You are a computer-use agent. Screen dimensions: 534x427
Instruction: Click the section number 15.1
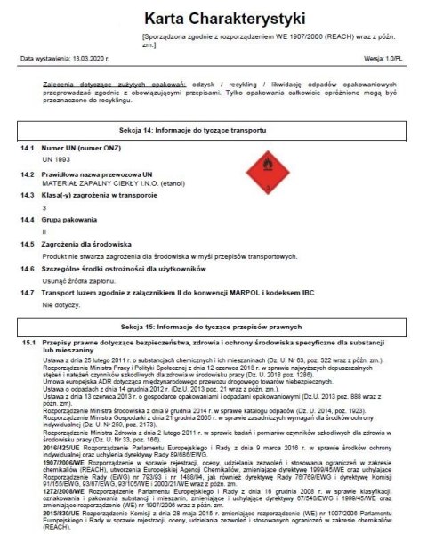pos(28,342)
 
